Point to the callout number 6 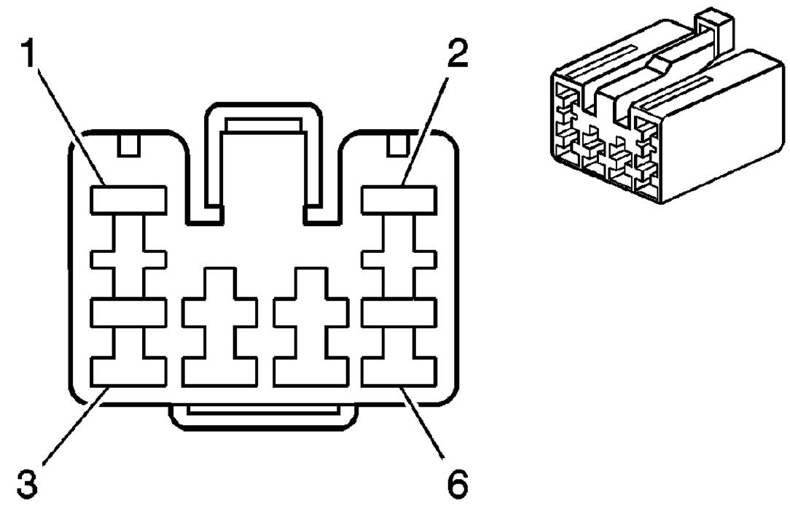(x=455, y=483)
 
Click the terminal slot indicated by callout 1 (x=128, y=200)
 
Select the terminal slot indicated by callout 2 (x=399, y=200)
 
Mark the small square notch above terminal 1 (x=128, y=145)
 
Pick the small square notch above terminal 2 (x=396, y=145)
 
